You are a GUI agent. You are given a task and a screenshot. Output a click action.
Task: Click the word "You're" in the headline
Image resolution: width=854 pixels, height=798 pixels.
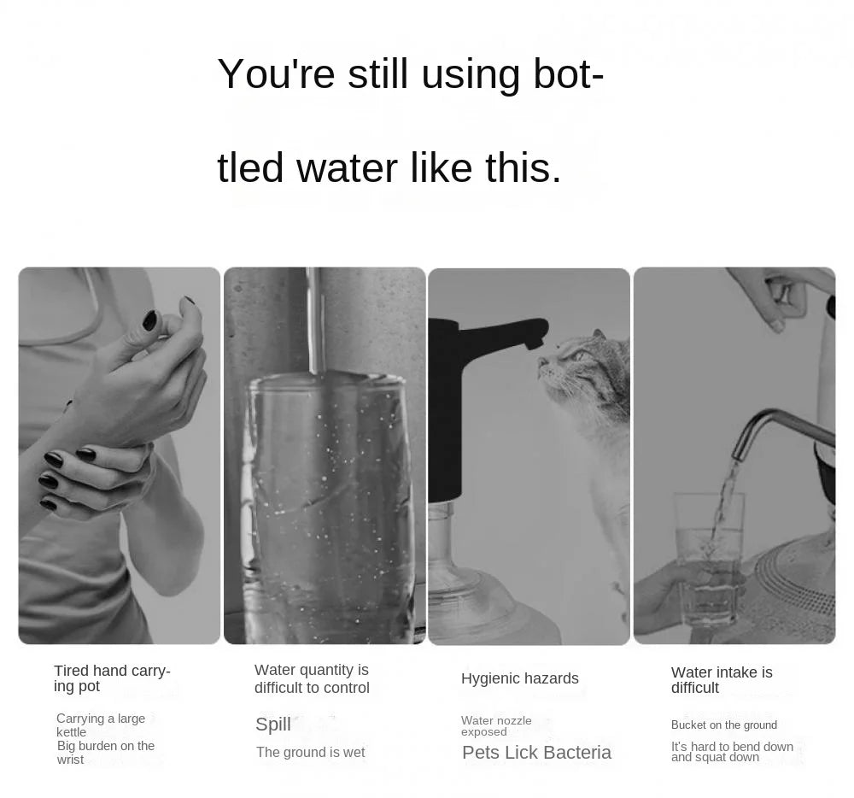pyautogui.click(x=276, y=73)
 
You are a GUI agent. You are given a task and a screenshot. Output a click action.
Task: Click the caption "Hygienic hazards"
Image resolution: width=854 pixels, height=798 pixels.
pyautogui.click(x=519, y=678)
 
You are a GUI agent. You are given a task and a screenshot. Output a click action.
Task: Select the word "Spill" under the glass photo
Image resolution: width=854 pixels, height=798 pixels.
pyautogui.click(x=273, y=725)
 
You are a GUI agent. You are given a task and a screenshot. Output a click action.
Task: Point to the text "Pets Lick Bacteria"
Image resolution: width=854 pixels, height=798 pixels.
pyautogui.click(x=536, y=752)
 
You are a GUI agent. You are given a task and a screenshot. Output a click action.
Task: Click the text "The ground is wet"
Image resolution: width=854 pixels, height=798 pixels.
pyautogui.click(x=311, y=752)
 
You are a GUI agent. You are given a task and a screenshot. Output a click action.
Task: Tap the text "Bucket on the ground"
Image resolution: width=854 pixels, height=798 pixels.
pyautogui.click(x=724, y=725)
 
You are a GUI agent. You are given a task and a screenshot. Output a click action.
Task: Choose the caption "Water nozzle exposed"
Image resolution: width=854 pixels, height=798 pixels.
pyautogui.click(x=496, y=726)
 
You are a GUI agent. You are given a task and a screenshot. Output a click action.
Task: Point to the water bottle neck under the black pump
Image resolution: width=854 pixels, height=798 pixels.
pyautogui.click(x=444, y=513)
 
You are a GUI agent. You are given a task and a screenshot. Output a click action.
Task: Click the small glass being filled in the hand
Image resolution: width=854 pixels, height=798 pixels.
pyautogui.click(x=709, y=558)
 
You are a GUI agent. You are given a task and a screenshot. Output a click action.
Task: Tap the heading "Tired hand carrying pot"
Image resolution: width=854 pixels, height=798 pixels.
pyautogui.click(x=112, y=678)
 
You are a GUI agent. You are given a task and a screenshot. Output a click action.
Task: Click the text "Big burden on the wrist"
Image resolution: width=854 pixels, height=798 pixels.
pyautogui.click(x=106, y=752)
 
